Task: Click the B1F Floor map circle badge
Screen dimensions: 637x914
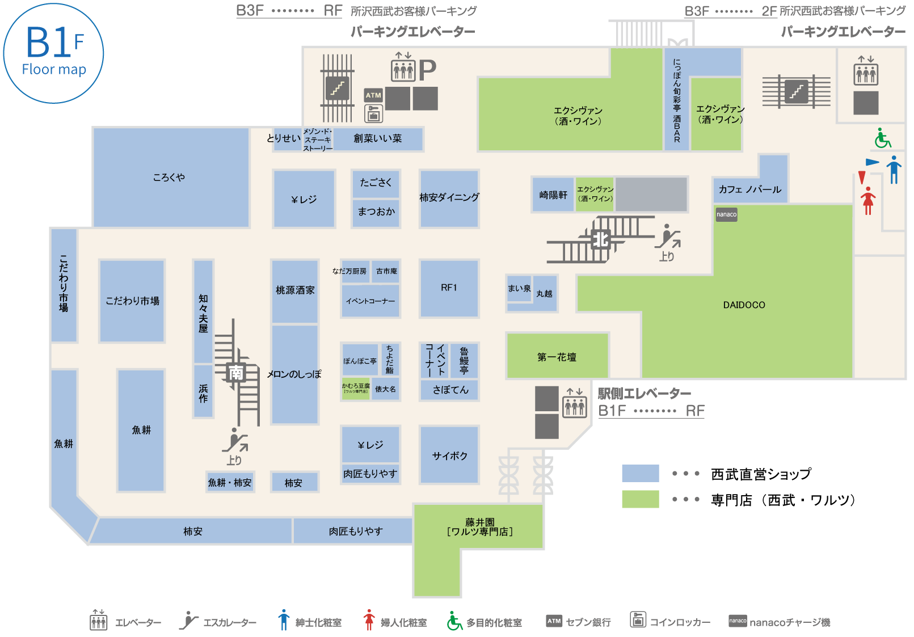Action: tap(53, 53)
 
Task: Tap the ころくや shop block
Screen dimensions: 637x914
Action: tap(170, 178)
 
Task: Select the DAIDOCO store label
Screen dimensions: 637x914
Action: tap(744, 305)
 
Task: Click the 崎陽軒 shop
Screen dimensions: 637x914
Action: tap(553, 195)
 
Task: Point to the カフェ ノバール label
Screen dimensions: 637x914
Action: tap(749, 189)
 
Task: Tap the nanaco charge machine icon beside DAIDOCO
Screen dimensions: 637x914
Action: tap(726, 214)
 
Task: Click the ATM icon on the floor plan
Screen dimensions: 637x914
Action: tap(373, 95)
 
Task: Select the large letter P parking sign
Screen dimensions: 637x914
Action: tap(427, 70)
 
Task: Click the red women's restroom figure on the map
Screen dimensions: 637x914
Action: tap(867, 200)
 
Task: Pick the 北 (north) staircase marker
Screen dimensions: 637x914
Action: tap(601, 240)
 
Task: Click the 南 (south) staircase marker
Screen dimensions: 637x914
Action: tap(236, 373)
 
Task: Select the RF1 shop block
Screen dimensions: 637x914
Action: tap(449, 288)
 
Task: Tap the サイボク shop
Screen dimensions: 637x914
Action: tap(449, 455)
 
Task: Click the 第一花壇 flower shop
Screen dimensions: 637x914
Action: tap(557, 357)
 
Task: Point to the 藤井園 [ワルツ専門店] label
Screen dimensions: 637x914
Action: tap(479, 527)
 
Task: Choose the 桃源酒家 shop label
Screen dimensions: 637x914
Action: tap(295, 290)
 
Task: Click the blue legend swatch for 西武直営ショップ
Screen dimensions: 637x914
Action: tap(641, 473)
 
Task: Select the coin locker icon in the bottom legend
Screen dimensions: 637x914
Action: tap(638, 619)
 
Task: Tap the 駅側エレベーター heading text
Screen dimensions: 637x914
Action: tap(645, 394)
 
